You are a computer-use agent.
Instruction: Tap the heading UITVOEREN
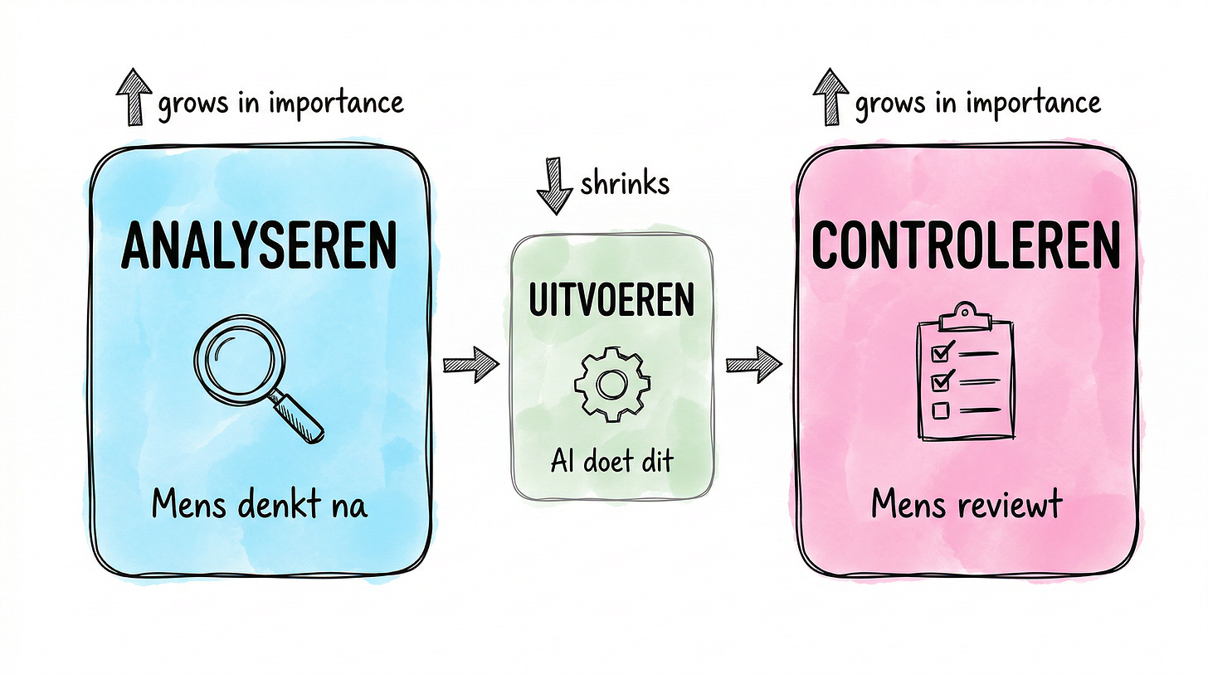click(611, 302)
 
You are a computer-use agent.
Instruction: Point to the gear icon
click(611, 384)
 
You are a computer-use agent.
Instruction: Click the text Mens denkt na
click(260, 505)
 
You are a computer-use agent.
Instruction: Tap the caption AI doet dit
click(611, 461)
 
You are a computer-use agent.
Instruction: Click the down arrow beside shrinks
click(555, 188)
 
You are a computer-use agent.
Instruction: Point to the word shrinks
click(624, 182)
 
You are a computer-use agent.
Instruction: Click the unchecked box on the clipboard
click(941, 410)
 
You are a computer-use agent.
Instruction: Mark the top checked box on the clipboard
click(941, 354)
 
